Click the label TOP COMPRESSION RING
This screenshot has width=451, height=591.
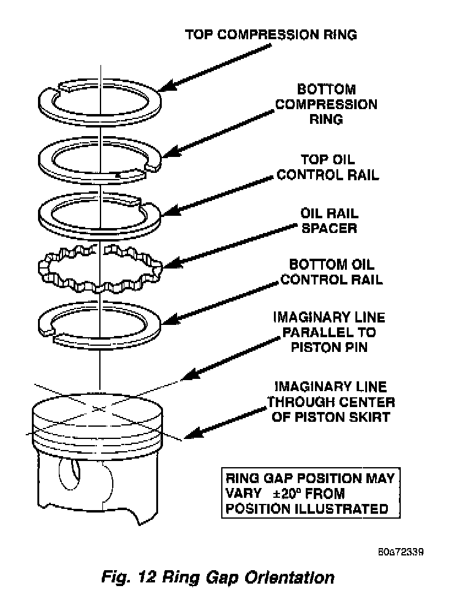(x=271, y=34)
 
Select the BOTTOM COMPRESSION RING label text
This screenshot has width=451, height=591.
(x=326, y=104)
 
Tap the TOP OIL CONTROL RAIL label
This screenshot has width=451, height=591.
(x=328, y=167)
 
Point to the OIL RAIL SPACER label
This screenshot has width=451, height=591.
(x=329, y=221)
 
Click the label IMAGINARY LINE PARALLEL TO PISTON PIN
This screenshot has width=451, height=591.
(x=329, y=332)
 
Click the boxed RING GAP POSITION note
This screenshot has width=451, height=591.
(x=311, y=493)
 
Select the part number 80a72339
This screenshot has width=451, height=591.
(x=401, y=551)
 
